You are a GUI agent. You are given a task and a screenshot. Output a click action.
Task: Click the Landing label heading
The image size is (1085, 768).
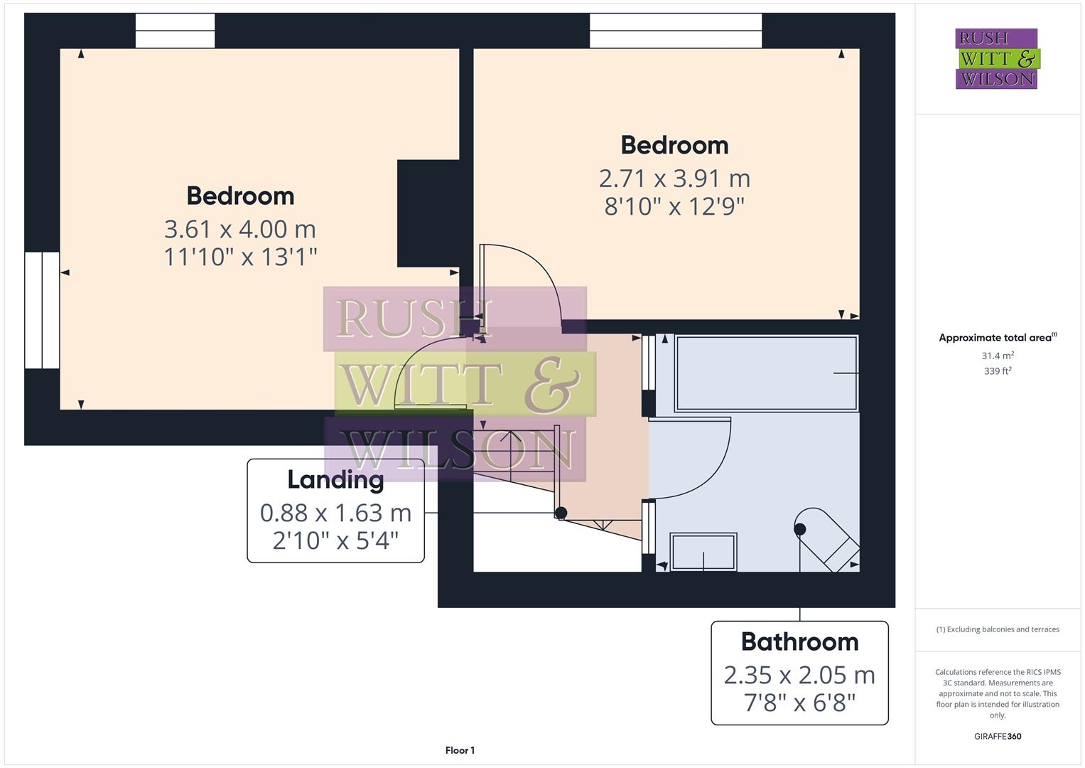[x=335, y=480]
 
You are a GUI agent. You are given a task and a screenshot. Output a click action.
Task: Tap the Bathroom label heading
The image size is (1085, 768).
[x=799, y=642]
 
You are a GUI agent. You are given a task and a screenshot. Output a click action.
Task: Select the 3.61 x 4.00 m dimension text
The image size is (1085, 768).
[x=240, y=229]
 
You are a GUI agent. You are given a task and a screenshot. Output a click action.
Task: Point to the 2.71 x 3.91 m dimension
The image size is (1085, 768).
[x=674, y=178]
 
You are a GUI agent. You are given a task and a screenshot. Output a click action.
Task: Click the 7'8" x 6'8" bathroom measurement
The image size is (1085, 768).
[x=799, y=703]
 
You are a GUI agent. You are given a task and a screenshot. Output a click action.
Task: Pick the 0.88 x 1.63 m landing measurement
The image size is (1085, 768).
[x=335, y=513]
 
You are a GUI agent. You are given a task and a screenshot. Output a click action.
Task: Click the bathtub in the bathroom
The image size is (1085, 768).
[x=766, y=373]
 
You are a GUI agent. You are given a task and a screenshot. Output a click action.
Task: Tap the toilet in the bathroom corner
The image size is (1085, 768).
[x=828, y=538]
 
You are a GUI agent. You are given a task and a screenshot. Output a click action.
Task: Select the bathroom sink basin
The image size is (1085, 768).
[x=703, y=551]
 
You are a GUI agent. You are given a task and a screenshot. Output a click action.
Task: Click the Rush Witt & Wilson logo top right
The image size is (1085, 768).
[x=996, y=58]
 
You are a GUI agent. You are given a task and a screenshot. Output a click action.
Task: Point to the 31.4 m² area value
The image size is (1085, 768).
[x=998, y=356]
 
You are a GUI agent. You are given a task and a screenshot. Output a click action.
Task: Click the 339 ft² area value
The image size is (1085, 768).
[x=998, y=371]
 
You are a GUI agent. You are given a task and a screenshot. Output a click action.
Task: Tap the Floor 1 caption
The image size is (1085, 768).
[x=460, y=750]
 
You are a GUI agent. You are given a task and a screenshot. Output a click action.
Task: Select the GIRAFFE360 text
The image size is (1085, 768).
[x=998, y=737]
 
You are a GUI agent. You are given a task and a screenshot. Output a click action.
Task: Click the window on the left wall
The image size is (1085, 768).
[x=42, y=310]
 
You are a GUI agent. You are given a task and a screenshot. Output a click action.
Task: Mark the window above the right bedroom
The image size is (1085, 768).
[x=675, y=31]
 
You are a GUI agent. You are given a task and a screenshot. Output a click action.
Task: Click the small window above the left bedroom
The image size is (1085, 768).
[x=175, y=31]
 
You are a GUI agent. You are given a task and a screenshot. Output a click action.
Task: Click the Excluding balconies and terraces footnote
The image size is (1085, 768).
[x=998, y=629]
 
